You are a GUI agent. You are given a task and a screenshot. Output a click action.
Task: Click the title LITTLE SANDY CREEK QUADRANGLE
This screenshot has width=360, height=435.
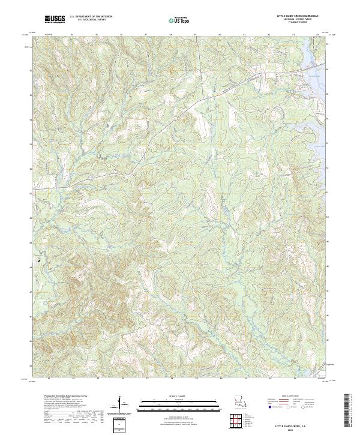tap(298, 15)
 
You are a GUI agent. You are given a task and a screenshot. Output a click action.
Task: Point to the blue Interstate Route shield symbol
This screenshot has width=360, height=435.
tap(269, 407)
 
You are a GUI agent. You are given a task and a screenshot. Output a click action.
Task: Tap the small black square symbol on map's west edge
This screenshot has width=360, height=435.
tap(38, 261)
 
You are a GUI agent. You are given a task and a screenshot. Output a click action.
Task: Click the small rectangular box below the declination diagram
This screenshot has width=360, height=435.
tap(118, 424)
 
